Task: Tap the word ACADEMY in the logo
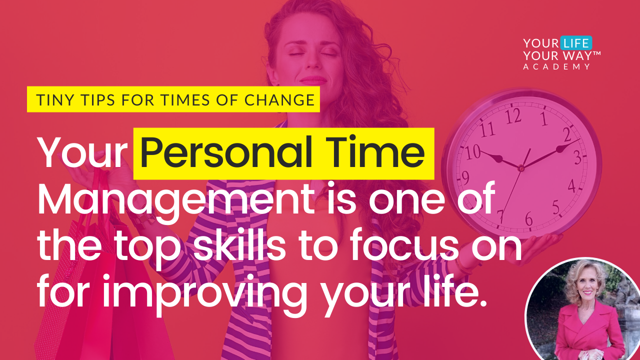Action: [556, 66]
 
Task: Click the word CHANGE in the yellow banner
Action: [279, 100]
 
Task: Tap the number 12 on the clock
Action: [512, 116]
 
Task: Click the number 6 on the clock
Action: [528, 218]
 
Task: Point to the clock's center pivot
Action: [521, 169]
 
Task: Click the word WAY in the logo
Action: [576, 55]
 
